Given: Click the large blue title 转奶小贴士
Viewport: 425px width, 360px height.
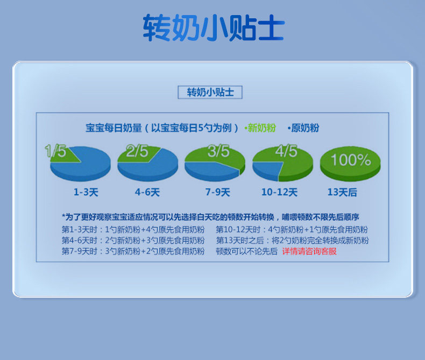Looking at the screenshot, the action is pos(214,28).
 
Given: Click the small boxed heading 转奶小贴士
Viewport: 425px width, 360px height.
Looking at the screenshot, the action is pos(210,92).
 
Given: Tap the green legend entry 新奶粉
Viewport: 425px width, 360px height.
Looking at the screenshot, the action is pos(260,128).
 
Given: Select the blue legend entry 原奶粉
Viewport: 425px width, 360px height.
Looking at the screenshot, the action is pos(303,128).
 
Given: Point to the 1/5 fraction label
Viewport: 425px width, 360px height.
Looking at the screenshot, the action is pos(55,151).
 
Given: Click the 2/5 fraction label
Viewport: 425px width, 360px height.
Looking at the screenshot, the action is pos(137,151).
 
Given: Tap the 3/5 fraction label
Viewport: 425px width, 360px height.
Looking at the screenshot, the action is pos(218,151).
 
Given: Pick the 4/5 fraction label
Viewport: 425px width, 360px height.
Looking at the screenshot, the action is pos(286,151).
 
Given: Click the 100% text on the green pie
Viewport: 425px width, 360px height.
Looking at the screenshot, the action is pos(351,160).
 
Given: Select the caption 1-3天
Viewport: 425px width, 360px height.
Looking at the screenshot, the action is pos(86,192).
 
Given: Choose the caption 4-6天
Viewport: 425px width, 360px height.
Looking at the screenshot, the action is pos(147,192).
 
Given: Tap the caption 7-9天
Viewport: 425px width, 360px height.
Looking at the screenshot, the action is pos(218,192).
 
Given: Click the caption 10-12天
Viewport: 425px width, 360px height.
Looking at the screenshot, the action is pos(279,192).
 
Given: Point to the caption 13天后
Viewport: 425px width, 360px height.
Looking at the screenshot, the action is pos(342,192).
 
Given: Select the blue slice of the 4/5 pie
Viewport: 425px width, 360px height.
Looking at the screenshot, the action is pos(267,170).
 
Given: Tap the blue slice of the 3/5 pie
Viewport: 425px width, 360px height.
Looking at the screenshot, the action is pos(210,171).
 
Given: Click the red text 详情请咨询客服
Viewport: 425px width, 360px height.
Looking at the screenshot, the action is pos(309,251).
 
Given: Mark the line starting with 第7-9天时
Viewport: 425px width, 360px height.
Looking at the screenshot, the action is pos(133,251).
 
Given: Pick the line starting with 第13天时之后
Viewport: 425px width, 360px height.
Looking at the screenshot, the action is pos(293,241).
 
